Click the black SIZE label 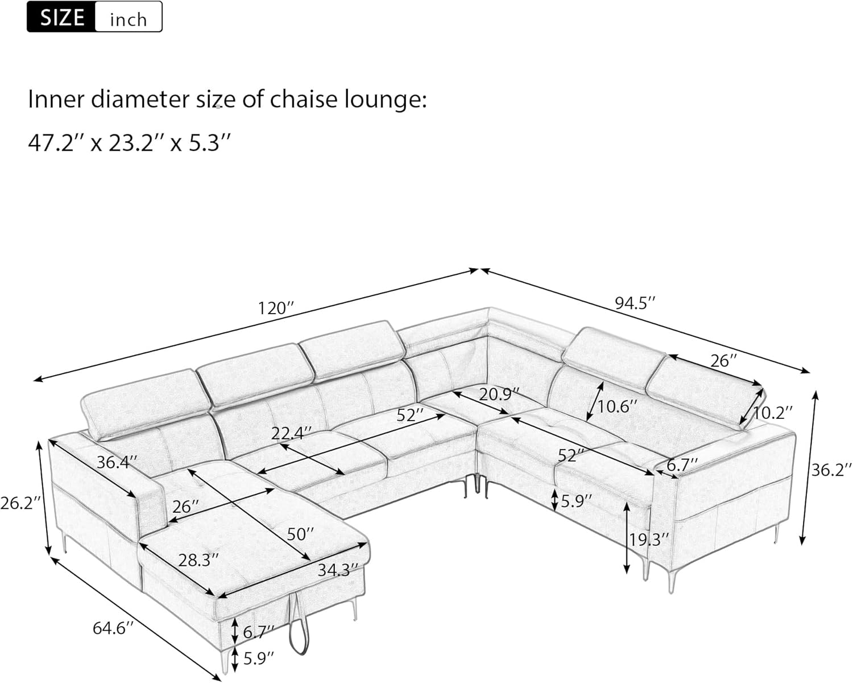coord(62,17)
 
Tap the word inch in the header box coord(128,20)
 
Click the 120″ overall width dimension coord(276,308)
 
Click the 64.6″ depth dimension coord(113,628)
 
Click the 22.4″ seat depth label coord(291,434)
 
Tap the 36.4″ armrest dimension coord(116,462)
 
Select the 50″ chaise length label coord(300,534)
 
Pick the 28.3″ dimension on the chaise coord(198,560)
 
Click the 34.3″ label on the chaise coord(338,570)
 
